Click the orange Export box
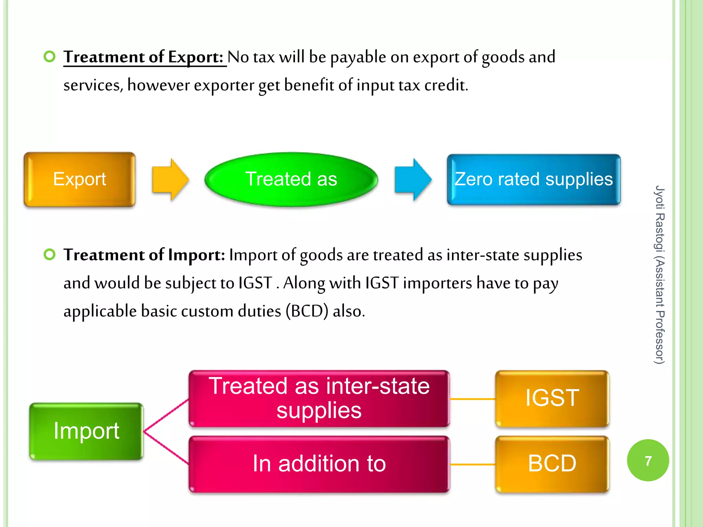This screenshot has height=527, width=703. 80,179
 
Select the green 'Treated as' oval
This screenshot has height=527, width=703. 291,179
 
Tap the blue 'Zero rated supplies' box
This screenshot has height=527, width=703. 533,179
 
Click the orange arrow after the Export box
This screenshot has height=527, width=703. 170,179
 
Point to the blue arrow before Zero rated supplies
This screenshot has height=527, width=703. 413,179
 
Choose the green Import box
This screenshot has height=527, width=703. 86,431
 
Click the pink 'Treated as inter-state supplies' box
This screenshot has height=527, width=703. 319,399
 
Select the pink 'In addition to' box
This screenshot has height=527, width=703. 319,464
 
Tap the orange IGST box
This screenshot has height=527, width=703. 552,398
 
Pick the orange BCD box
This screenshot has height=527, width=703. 552,464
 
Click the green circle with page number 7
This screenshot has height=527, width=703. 648,460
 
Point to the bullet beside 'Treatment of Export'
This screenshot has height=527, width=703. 50,57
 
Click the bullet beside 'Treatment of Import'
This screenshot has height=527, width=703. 50,255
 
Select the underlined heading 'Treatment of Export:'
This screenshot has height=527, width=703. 144,57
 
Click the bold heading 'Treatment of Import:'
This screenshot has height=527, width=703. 144,255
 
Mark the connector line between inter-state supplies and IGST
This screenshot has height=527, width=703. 472,399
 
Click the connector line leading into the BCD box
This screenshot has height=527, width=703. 472,465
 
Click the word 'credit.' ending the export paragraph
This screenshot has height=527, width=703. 446,85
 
